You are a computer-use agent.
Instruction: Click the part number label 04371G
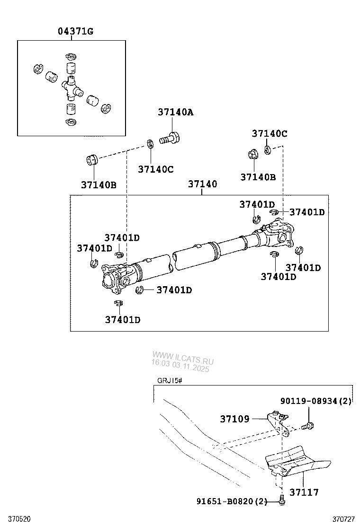75,32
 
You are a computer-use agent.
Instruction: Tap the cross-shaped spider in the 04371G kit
71,87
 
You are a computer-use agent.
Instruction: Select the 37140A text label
176,113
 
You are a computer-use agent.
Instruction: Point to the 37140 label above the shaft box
202,184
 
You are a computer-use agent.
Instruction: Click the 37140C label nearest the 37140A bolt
156,169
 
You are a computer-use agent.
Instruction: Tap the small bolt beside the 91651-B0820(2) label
282,500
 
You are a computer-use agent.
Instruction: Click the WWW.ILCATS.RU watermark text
183,356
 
